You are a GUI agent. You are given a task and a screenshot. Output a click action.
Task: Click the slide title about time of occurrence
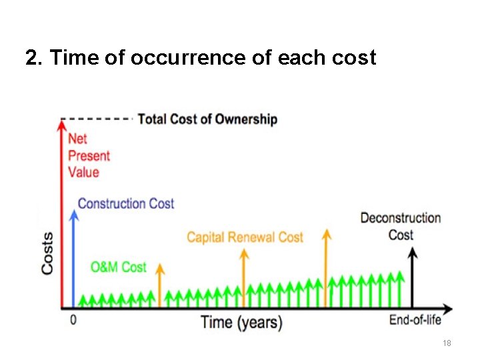coord(201,58)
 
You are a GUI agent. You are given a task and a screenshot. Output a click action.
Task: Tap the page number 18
coord(447,343)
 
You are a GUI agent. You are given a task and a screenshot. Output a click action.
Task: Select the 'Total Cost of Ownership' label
coord(207,119)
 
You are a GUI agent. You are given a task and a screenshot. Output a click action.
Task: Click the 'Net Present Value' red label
coord(89,155)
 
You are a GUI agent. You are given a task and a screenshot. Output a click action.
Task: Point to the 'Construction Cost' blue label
coord(126,203)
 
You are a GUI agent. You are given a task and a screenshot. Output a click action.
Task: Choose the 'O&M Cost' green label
coord(118,267)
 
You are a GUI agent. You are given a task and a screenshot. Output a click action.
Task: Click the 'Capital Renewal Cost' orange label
coord(245,237)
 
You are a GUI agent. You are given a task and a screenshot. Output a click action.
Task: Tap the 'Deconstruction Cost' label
coord(400,226)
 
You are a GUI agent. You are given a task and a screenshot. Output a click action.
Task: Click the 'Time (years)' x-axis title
coord(241,322)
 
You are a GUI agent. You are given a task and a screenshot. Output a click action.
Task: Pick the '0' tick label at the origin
coord(73,320)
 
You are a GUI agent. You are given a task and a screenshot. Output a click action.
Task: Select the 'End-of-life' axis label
coord(415,320)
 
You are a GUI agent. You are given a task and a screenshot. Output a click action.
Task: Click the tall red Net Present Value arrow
coord(62,213)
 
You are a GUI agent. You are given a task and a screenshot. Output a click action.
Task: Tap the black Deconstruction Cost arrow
coord(413,277)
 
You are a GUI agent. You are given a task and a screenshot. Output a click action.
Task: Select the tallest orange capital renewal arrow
coord(326,267)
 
